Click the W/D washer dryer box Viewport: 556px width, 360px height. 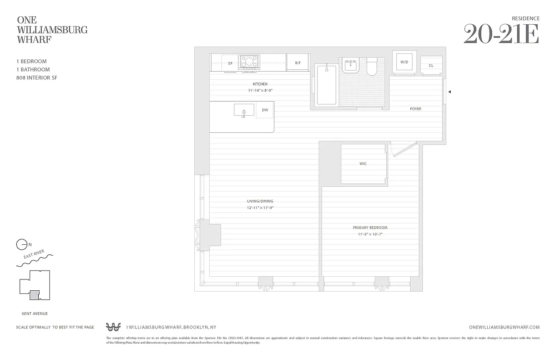click(404, 62)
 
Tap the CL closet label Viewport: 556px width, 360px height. click(431, 66)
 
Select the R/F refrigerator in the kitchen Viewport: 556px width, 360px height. click(298, 63)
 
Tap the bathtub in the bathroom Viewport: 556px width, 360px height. click(327, 85)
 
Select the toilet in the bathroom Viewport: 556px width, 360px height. click(372, 67)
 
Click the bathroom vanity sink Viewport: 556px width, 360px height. click(350, 66)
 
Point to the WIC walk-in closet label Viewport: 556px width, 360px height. click(363, 164)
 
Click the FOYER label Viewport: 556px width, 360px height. click(415, 109)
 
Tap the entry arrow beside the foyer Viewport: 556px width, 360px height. click(449, 92)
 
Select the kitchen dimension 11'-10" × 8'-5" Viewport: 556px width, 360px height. click(260, 90)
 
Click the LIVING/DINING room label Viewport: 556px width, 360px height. click(260, 201)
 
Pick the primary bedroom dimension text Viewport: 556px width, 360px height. click(370, 234)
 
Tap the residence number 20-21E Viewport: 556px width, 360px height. click(501, 35)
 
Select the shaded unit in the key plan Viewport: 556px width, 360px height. click(34, 295)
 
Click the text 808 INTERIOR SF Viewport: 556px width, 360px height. click(36, 78)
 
